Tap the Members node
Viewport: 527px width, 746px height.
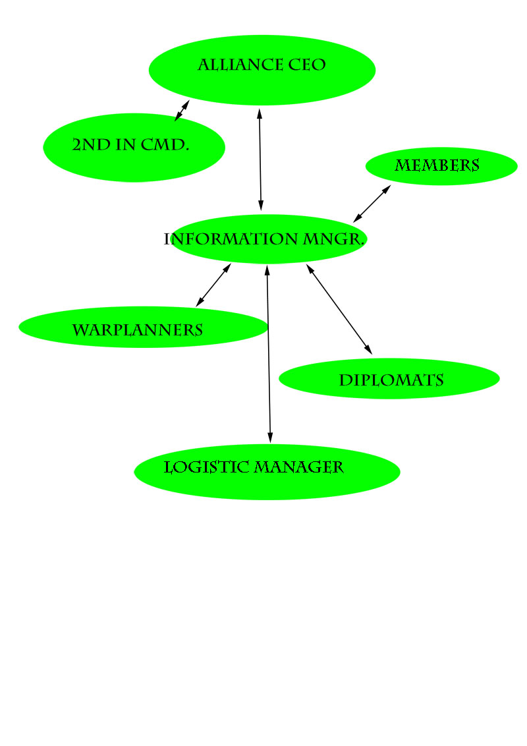tap(441, 166)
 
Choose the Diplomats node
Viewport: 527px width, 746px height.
tap(389, 379)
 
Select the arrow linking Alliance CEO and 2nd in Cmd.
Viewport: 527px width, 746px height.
tap(182, 111)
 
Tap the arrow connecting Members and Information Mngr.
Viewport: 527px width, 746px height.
tap(372, 204)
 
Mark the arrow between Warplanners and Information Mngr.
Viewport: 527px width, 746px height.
tap(213, 285)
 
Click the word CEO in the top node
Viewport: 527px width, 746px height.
tap(307, 65)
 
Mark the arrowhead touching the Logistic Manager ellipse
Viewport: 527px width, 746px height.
tap(270, 438)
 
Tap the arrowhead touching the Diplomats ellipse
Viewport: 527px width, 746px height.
tap(368, 349)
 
